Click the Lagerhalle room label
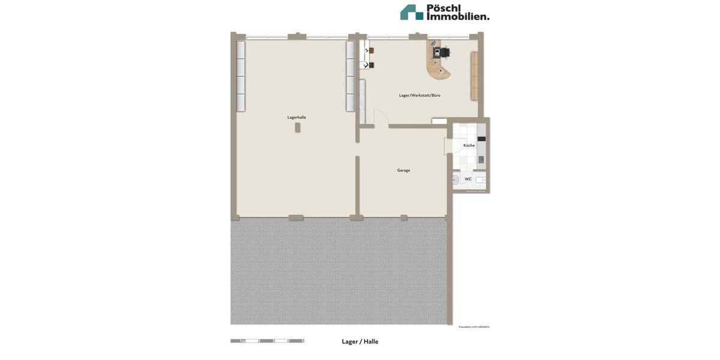[x=296, y=118]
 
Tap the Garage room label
[x=404, y=170]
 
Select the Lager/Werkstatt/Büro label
[x=419, y=95]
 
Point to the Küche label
[x=469, y=145]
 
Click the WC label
[x=468, y=179]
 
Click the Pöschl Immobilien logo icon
[x=412, y=12]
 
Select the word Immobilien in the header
[x=458, y=16]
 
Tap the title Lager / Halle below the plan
[x=360, y=341]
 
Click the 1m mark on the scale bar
[x=242, y=341]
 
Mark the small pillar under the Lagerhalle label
[x=298, y=127]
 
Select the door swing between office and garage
[x=380, y=118]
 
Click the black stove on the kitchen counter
[x=481, y=139]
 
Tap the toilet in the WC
[x=455, y=180]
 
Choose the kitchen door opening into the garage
[x=454, y=146]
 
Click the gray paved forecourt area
[x=339, y=270]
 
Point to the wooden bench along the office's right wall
[x=474, y=76]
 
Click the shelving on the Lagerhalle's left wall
[x=241, y=76]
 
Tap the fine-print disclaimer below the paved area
[x=474, y=327]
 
